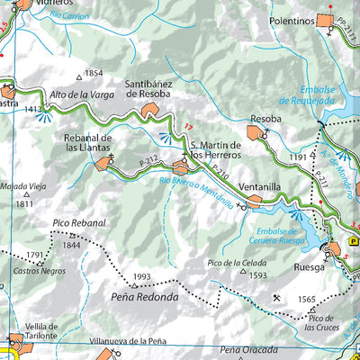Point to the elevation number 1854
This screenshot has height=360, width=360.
click(94, 74)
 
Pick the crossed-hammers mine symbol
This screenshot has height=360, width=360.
click(275, 298)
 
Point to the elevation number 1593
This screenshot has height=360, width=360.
click(258, 275)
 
